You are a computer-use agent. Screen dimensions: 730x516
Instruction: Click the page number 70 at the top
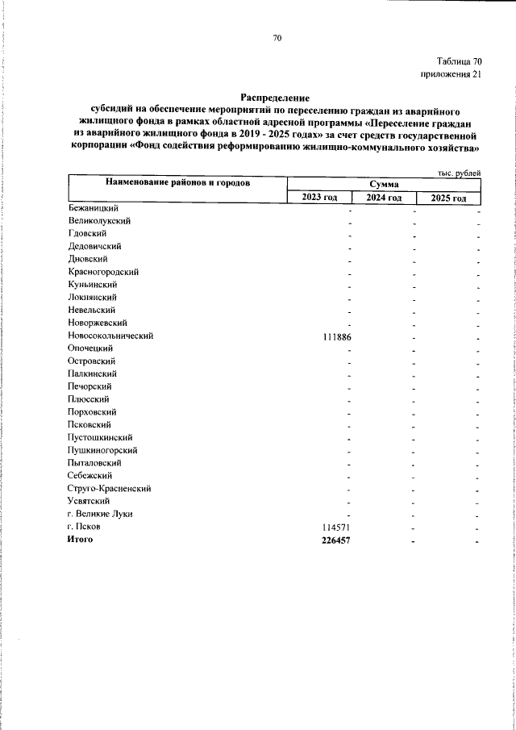277,38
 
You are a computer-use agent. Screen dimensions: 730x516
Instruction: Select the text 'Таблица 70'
460,61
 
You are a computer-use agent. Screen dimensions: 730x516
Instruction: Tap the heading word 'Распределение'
276,97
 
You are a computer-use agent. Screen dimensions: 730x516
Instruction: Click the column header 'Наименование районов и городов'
177,183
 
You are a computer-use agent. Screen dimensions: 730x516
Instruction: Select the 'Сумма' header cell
384,184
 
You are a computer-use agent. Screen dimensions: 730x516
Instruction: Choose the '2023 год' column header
319,198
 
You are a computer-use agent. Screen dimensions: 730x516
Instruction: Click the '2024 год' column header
384,198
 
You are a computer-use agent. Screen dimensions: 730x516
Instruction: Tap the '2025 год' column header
448,198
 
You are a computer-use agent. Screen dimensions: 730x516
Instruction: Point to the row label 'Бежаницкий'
94,208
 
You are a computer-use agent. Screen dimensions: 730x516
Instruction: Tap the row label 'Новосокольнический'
110,335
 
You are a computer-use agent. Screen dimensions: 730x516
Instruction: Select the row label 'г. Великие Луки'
100,513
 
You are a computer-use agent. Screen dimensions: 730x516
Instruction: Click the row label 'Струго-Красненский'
110,488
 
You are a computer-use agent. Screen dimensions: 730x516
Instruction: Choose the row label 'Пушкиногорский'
102,449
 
